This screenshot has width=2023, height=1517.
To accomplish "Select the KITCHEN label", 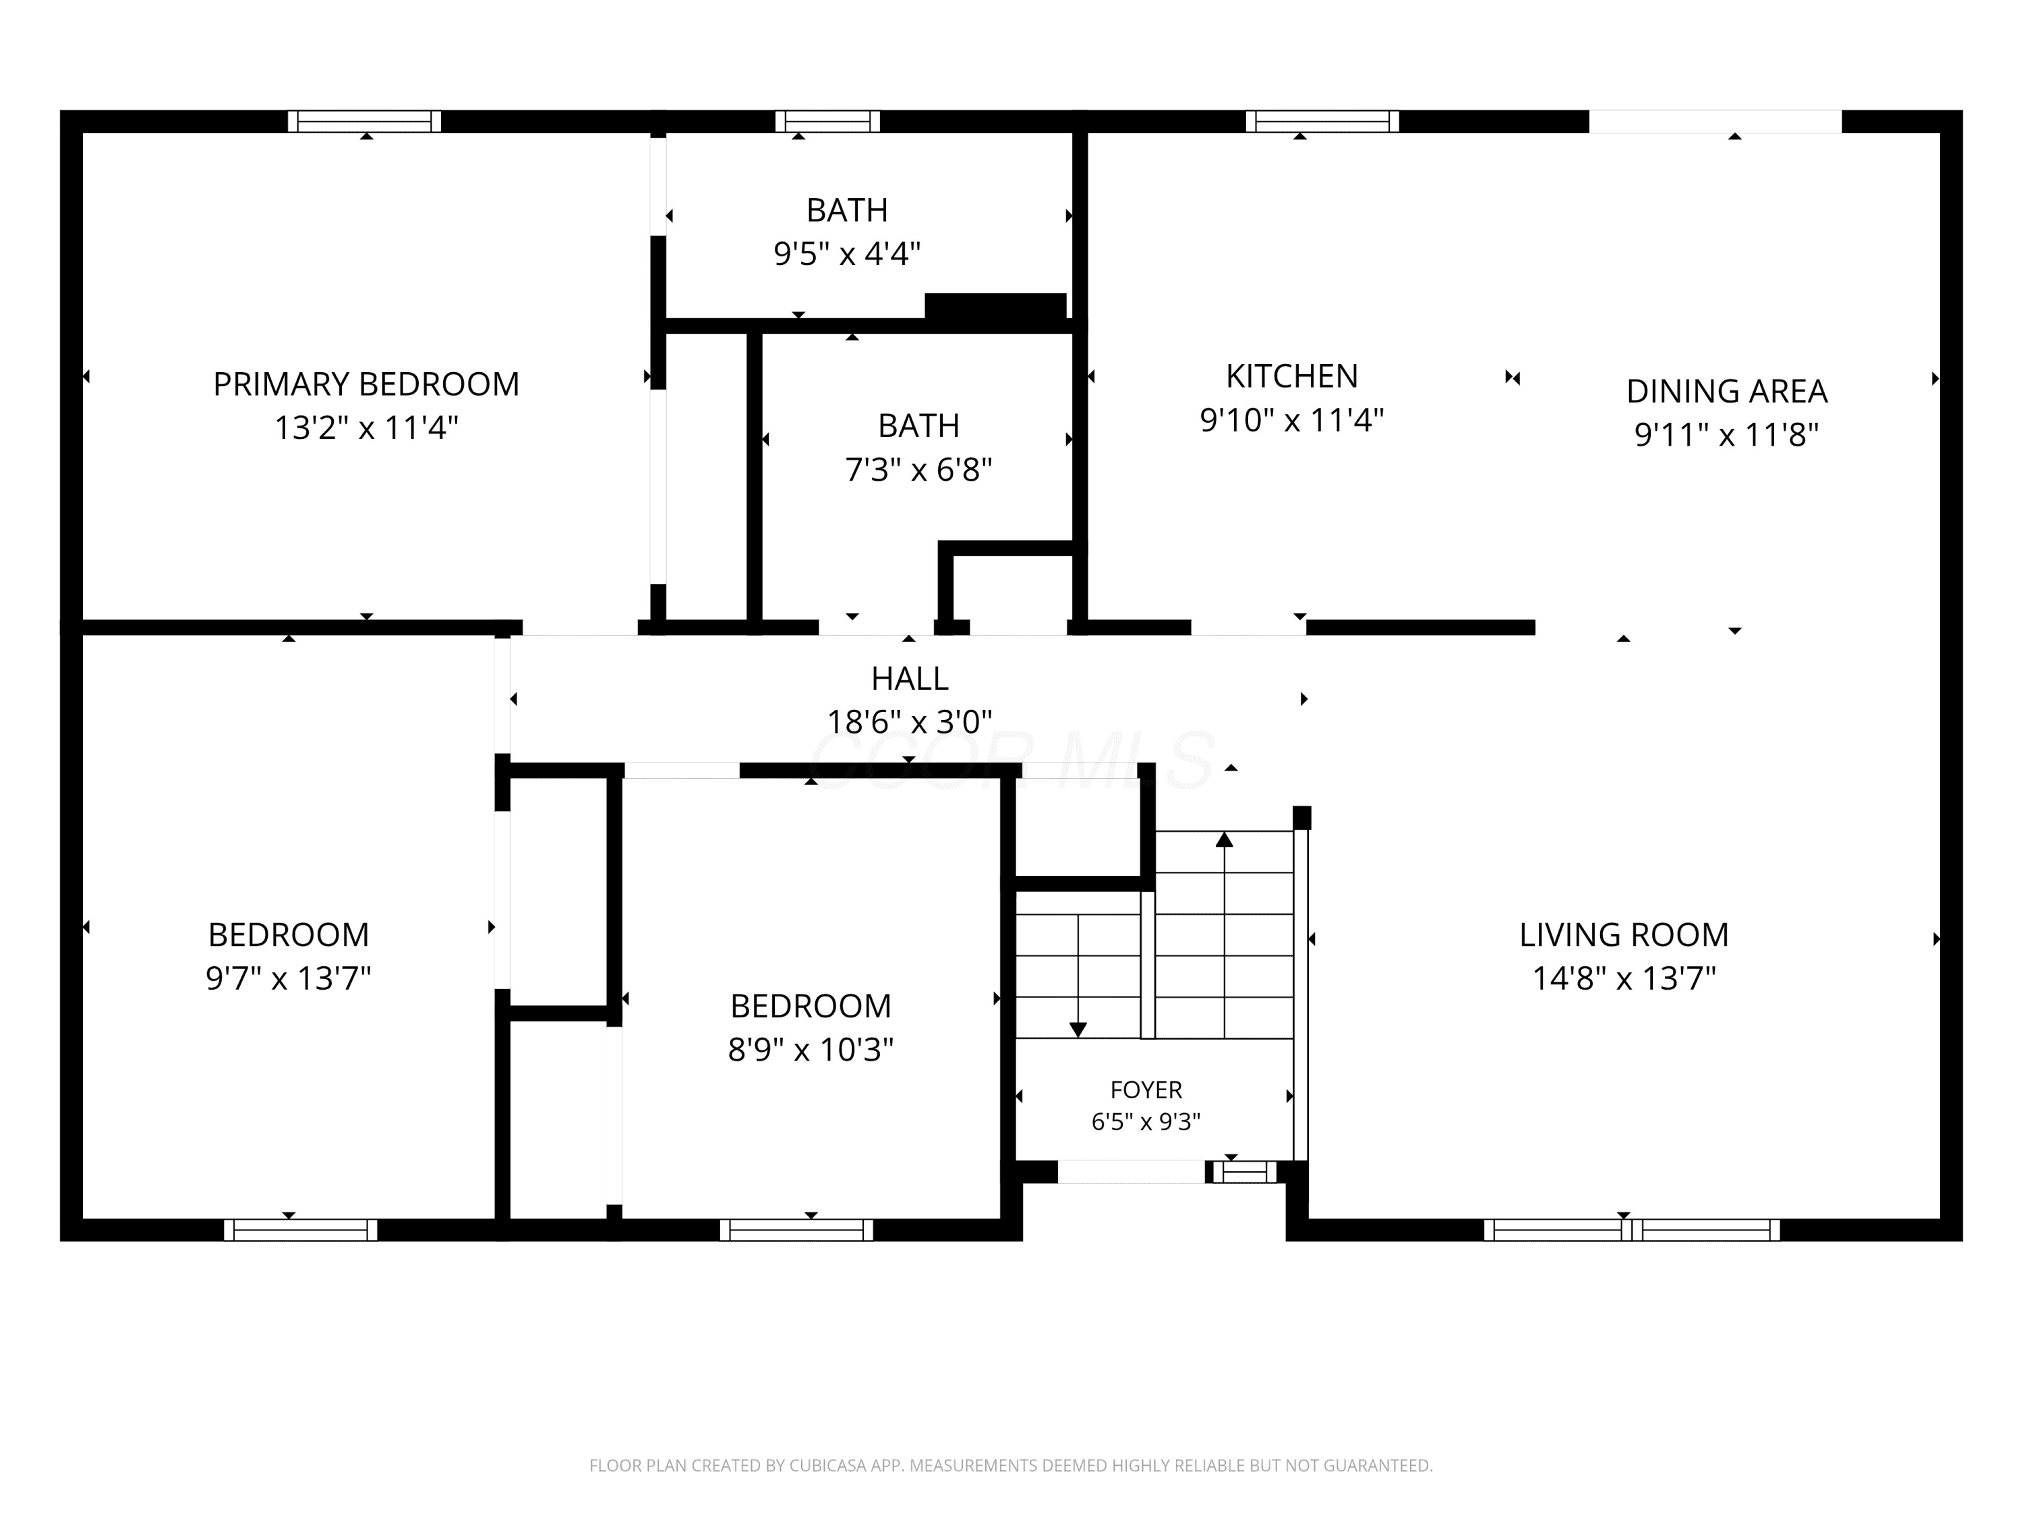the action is [x=1291, y=376].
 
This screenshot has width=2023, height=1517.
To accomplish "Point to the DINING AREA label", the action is [x=1727, y=391].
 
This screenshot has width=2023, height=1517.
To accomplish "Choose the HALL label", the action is [x=909, y=678].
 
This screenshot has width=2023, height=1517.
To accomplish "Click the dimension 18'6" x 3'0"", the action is [x=909, y=721].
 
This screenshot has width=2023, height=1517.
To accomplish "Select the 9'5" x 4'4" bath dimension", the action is [x=847, y=254].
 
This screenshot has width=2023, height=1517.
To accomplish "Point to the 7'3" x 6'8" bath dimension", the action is [x=918, y=469].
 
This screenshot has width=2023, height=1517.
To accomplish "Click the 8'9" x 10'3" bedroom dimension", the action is [x=811, y=1049].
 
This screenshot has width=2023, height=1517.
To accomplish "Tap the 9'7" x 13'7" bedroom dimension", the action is [x=288, y=978].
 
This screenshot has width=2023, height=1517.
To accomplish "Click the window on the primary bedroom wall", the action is [x=364, y=121].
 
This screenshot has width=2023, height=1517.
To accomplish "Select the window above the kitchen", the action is [x=1322, y=121].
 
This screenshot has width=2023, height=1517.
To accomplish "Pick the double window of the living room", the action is [x=1632, y=1230].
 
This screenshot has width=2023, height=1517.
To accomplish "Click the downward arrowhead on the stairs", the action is [x=1078, y=1030].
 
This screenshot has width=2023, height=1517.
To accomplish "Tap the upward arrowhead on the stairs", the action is [x=1225, y=839].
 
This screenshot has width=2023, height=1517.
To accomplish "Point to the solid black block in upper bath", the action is [x=995, y=306].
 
